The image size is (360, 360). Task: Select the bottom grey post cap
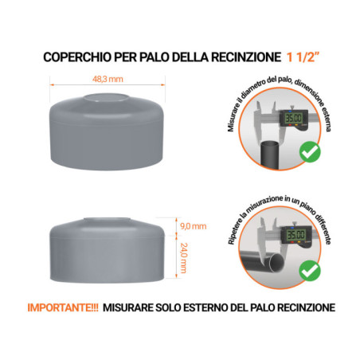point(109,247)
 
